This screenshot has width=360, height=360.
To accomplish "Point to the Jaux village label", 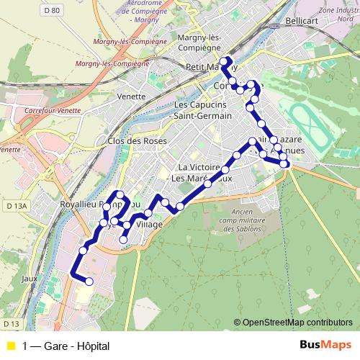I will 29,278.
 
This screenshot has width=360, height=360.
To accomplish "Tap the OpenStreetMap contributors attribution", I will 293,323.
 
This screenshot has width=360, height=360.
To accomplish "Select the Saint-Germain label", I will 203,116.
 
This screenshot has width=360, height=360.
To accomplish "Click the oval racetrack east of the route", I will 306,119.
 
